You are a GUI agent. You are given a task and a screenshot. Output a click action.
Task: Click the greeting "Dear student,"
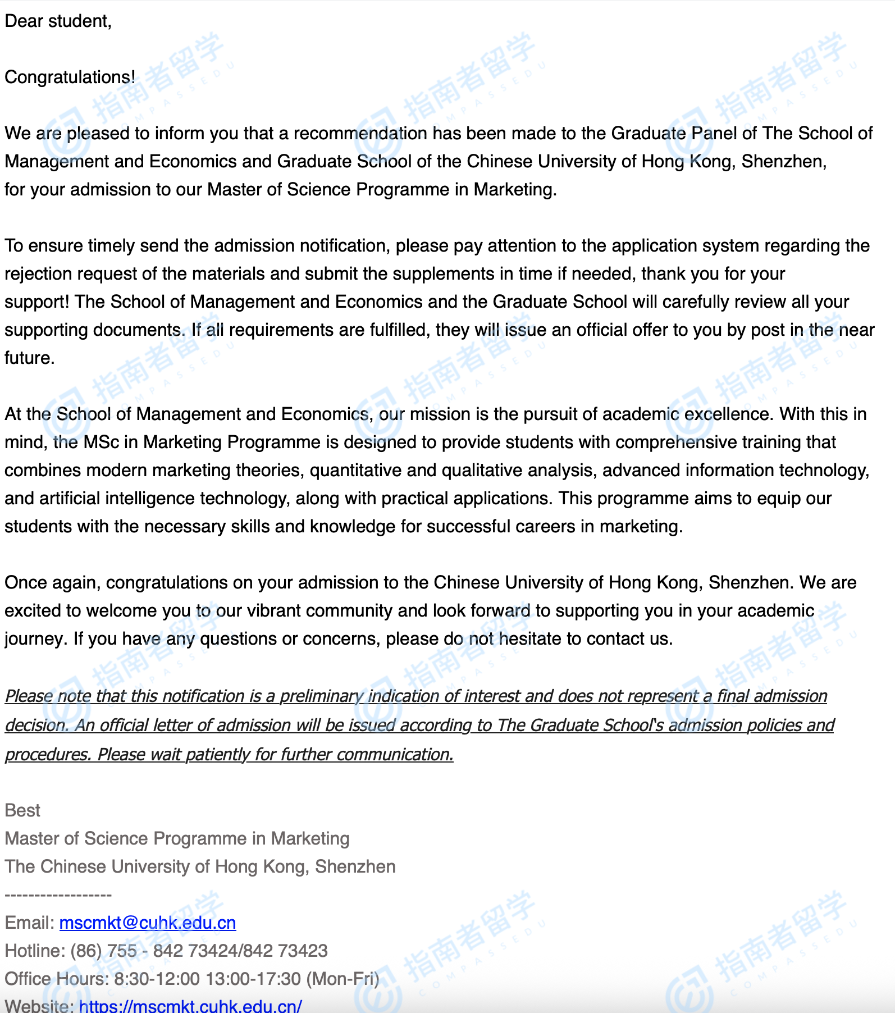coord(58,21)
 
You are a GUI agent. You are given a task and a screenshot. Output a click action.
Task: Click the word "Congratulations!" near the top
coord(70,77)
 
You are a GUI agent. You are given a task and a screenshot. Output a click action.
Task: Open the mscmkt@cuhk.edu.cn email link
coord(147,923)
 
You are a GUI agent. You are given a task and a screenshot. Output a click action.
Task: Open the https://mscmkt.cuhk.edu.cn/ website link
coord(190,1006)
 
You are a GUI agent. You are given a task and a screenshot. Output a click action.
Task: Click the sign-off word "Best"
coord(22,810)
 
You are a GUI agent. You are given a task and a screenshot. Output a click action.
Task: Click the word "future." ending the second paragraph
coord(29,358)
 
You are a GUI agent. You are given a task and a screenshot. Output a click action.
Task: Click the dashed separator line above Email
coord(58,895)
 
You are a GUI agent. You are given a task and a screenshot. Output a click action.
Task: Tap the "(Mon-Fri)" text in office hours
coord(343,979)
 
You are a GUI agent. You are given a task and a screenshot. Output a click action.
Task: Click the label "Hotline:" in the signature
coord(35,951)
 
